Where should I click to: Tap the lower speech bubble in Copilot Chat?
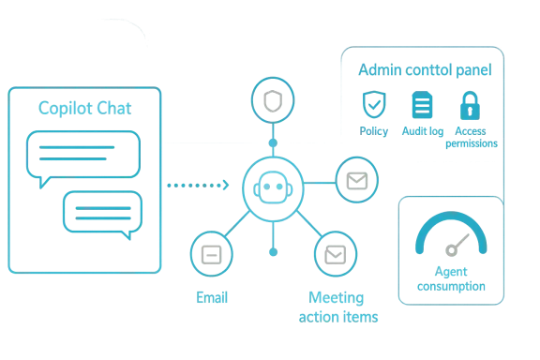click(103, 212)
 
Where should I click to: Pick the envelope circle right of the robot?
click(355, 177)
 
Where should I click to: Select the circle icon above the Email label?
click(213, 253)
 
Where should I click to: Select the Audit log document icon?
click(421, 106)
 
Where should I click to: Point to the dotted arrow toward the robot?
click(197, 187)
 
